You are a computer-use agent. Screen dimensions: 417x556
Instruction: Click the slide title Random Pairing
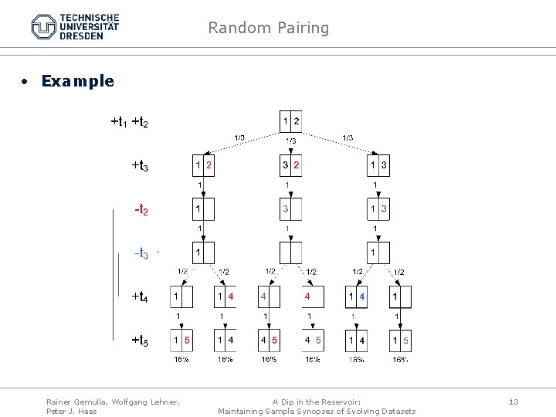pos(268,29)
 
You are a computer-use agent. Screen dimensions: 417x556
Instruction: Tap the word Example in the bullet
pos(77,81)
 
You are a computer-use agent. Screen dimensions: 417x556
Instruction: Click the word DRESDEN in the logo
pos(81,36)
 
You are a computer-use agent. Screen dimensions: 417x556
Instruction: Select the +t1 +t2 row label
pos(130,121)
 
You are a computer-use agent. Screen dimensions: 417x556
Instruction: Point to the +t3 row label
pos(140,165)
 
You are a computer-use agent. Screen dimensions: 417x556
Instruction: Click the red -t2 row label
pos(141,209)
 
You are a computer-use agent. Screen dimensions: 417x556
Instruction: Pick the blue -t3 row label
pos(141,253)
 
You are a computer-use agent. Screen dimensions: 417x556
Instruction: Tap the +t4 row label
pos(140,297)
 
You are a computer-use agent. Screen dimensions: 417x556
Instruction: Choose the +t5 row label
pos(140,340)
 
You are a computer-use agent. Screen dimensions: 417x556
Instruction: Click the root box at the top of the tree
pos(290,121)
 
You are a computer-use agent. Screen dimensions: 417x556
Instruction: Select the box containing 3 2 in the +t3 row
pos(290,165)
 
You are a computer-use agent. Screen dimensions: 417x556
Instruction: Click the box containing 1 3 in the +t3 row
pos(378,165)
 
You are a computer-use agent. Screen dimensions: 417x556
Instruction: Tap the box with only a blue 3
pos(290,209)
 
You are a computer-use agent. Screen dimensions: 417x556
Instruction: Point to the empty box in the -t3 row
pos(290,253)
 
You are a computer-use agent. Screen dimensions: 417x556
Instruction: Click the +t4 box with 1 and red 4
pos(225,297)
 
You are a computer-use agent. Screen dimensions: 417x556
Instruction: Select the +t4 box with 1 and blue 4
pos(357,297)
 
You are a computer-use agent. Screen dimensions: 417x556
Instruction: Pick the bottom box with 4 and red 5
pos(269,340)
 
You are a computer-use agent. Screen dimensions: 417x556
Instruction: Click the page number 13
pos(514,402)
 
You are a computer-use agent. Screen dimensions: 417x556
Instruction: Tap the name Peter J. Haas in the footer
pos(72,411)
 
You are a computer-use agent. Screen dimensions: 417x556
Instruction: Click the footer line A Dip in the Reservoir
pos(317,402)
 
